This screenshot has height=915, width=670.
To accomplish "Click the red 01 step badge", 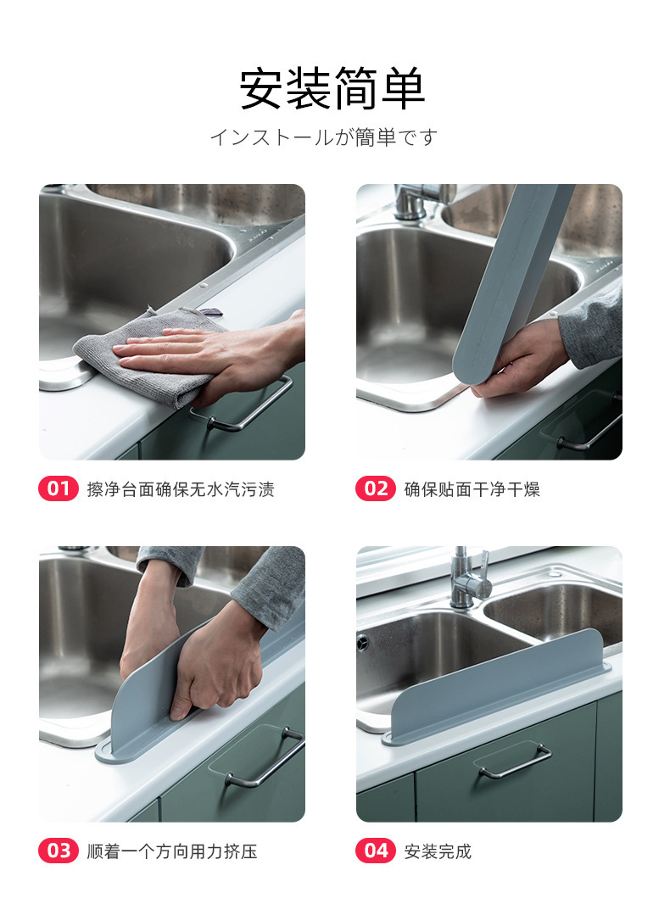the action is pos(59,488).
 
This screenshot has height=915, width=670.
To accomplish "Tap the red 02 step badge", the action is pos(376,488).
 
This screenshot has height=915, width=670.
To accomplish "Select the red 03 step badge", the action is pos(59,851).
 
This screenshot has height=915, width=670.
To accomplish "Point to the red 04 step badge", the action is pos(376,851).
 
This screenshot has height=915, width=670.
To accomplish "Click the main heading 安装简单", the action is pos(332,89).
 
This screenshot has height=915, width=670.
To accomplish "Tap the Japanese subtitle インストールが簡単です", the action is pos(324,137).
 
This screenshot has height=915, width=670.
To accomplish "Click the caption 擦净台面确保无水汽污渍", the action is pos(181,489).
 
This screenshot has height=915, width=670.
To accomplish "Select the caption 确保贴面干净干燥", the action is pos(472,489).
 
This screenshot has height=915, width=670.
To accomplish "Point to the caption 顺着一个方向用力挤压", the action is pos(172,851).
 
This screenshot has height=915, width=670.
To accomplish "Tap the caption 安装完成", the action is pos(438,851).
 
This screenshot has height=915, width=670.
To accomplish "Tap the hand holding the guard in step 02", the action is pos(519,359).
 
